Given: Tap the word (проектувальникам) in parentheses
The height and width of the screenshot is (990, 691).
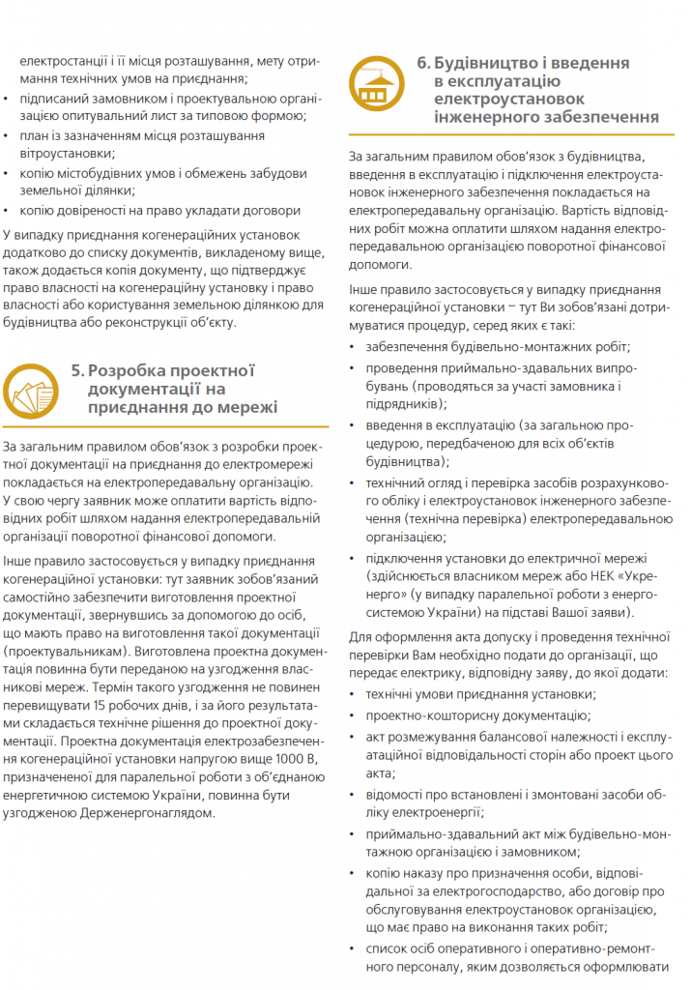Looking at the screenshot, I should (x=66, y=653).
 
